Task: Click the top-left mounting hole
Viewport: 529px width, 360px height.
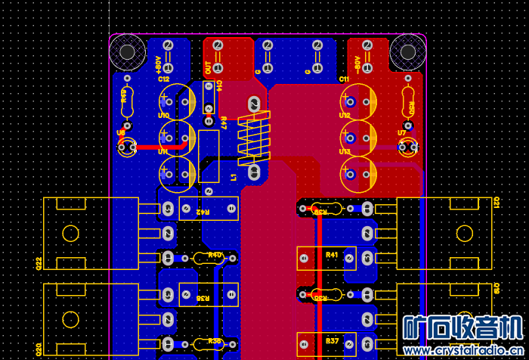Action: point(127,51)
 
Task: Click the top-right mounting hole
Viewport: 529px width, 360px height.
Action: point(408,51)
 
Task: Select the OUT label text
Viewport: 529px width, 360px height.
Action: point(209,66)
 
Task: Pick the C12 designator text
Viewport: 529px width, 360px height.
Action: point(163,79)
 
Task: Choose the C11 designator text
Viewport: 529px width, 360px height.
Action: point(344,79)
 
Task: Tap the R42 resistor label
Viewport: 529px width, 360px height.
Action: point(203,213)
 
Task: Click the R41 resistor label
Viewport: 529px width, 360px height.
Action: point(332,254)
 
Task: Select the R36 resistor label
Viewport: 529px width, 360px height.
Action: point(203,299)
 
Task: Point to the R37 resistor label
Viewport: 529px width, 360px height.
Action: point(332,340)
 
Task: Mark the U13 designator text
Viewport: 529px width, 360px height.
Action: point(345,151)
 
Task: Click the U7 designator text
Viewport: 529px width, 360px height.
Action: point(402,132)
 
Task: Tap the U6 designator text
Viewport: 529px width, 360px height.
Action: point(121,132)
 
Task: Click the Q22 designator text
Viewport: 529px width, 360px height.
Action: point(39,263)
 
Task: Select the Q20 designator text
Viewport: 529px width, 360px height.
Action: point(39,349)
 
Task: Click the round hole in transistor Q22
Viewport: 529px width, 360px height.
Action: point(70,233)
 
